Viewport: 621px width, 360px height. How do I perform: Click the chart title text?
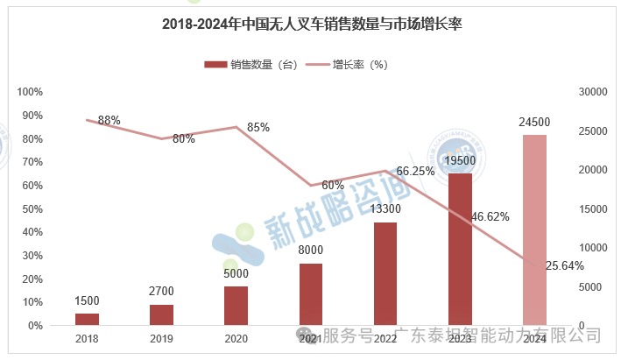click(x=311, y=25)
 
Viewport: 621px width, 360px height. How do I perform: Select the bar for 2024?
click(x=534, y=229)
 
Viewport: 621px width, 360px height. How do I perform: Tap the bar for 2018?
click(x=87, y=319)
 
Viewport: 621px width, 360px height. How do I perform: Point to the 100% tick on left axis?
click(x=31, y=92)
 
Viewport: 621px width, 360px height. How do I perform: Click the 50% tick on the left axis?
click(x=32, y=208)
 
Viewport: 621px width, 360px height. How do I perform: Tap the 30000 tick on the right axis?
click(x=594, y=92)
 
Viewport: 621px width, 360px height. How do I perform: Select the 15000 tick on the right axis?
click(x=594, y=208)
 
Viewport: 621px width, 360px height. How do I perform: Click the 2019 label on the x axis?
click(x=161, y=338)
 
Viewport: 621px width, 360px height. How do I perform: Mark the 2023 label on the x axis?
click(x=460, y=338)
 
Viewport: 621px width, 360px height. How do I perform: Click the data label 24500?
click(x=534, y=122)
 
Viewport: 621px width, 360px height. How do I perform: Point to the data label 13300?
click(x=385, y=209)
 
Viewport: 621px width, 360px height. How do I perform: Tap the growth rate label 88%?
click(x=109, y=120)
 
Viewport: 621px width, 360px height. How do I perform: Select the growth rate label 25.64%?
click(x=564, y=265)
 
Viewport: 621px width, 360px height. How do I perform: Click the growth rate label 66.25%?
click(x=416, y=171)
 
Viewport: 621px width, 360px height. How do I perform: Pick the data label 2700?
click(x=161, y=289)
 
